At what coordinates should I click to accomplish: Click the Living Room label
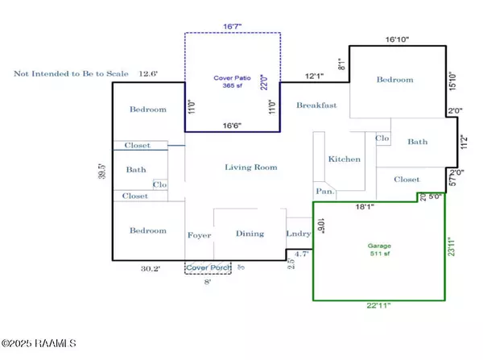pos(250,168)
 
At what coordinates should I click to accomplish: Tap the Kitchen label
pos(345,159)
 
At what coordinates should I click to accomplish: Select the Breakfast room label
pos(316,106)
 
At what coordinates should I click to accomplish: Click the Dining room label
pos(249,234)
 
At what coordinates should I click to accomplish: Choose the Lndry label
pos(298,234)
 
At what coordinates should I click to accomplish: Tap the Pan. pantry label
pos(324,192)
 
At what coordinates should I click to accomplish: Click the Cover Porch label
pos(208,267)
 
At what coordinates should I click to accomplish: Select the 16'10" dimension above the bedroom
pos(399,38)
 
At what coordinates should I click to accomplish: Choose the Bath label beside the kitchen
pos(418,142)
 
